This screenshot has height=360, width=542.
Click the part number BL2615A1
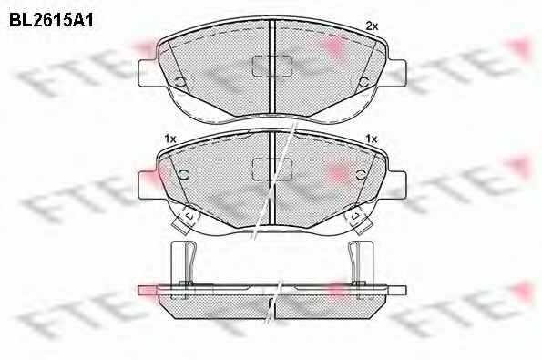pos(51,21)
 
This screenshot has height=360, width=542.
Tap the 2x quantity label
pos(372,26)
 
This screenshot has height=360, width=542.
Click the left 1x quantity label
pos(170,139)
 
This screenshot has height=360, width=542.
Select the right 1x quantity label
pos(372,139)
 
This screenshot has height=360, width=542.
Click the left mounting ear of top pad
pos(148,72)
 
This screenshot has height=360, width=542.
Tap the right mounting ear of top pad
pos(397,72)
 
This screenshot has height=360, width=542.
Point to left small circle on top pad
pos(180,82)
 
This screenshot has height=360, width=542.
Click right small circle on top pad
pos(363,82)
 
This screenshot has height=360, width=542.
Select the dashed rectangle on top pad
pos(272,66)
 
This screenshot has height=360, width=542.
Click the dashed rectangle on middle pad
pos(272,170)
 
